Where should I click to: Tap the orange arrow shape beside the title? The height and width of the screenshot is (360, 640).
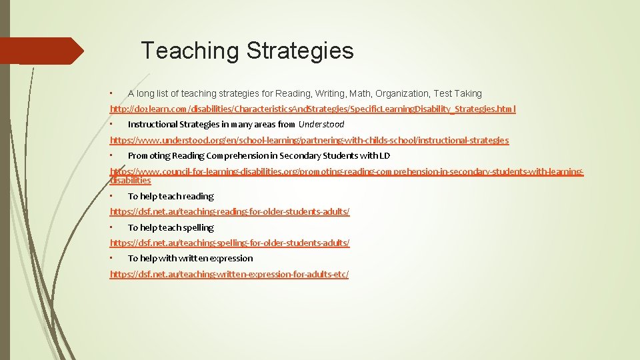tap(42, 51)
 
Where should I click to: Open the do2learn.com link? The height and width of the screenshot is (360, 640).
tap(313, 109)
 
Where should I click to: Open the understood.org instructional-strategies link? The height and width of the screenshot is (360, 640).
tap(309, 140)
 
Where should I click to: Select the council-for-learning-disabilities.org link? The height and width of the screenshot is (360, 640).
tap(346, 171)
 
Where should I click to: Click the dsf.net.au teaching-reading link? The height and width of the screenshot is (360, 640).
tap(229, 211)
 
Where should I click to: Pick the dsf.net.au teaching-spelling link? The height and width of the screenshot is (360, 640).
tap(229, 243)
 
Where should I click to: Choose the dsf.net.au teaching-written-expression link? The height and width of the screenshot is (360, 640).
tap(229, 274)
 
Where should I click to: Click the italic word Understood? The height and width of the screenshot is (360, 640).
tap(321, 124)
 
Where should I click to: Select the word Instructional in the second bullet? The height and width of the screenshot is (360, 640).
tap(152, 124)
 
